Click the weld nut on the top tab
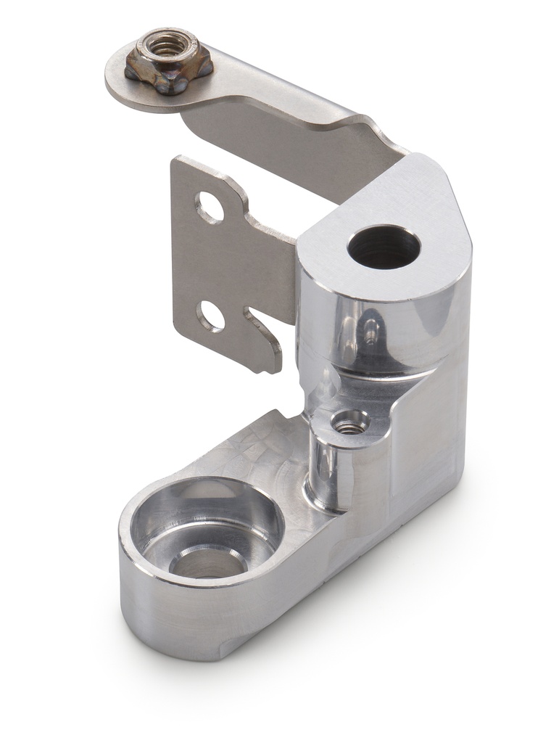tap(168, 62)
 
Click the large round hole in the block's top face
tap(384, 247)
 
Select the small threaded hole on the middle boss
tap(350, 422)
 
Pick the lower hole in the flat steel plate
tap(210, 316)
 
